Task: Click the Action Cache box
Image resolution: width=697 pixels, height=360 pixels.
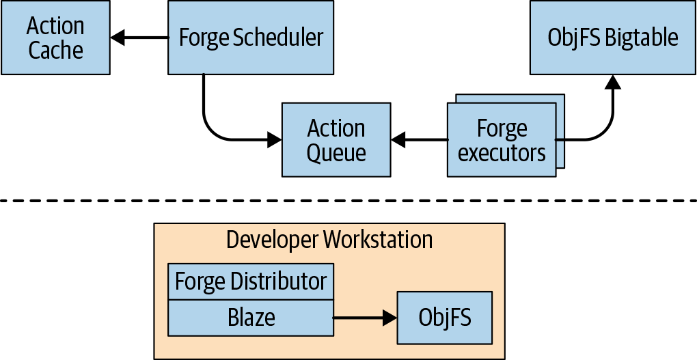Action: (x=55, y=38)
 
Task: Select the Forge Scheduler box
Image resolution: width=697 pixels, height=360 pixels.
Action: (x=251, y=38)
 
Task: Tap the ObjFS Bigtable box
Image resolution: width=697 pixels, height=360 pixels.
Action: (x=613, y=38)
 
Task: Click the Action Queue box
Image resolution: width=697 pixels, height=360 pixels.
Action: (x=336, y=140)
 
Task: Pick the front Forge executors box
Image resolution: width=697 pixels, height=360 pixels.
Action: (x=502, y=140)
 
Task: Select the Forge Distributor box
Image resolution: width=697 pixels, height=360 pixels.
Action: (x=251, y=281)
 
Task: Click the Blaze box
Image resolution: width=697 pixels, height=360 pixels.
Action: (x=251, y=318)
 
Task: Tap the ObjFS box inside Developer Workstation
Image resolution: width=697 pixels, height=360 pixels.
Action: (x=444, y=318)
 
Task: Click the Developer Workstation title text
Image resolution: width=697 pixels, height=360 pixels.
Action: (x=329, y=240)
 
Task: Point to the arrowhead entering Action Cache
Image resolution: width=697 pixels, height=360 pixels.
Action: (x=118, y=38)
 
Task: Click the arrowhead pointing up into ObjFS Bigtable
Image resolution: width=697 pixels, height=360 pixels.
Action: (x=613, y=81)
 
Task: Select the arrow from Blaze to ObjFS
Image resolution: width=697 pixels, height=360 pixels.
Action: (x=365, y=318)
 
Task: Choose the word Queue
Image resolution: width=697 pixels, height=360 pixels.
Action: (x=336, y=153)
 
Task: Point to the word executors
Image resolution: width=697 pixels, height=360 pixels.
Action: (x=502, y=153)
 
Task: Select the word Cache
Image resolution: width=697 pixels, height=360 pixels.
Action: (x=55, y=51)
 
